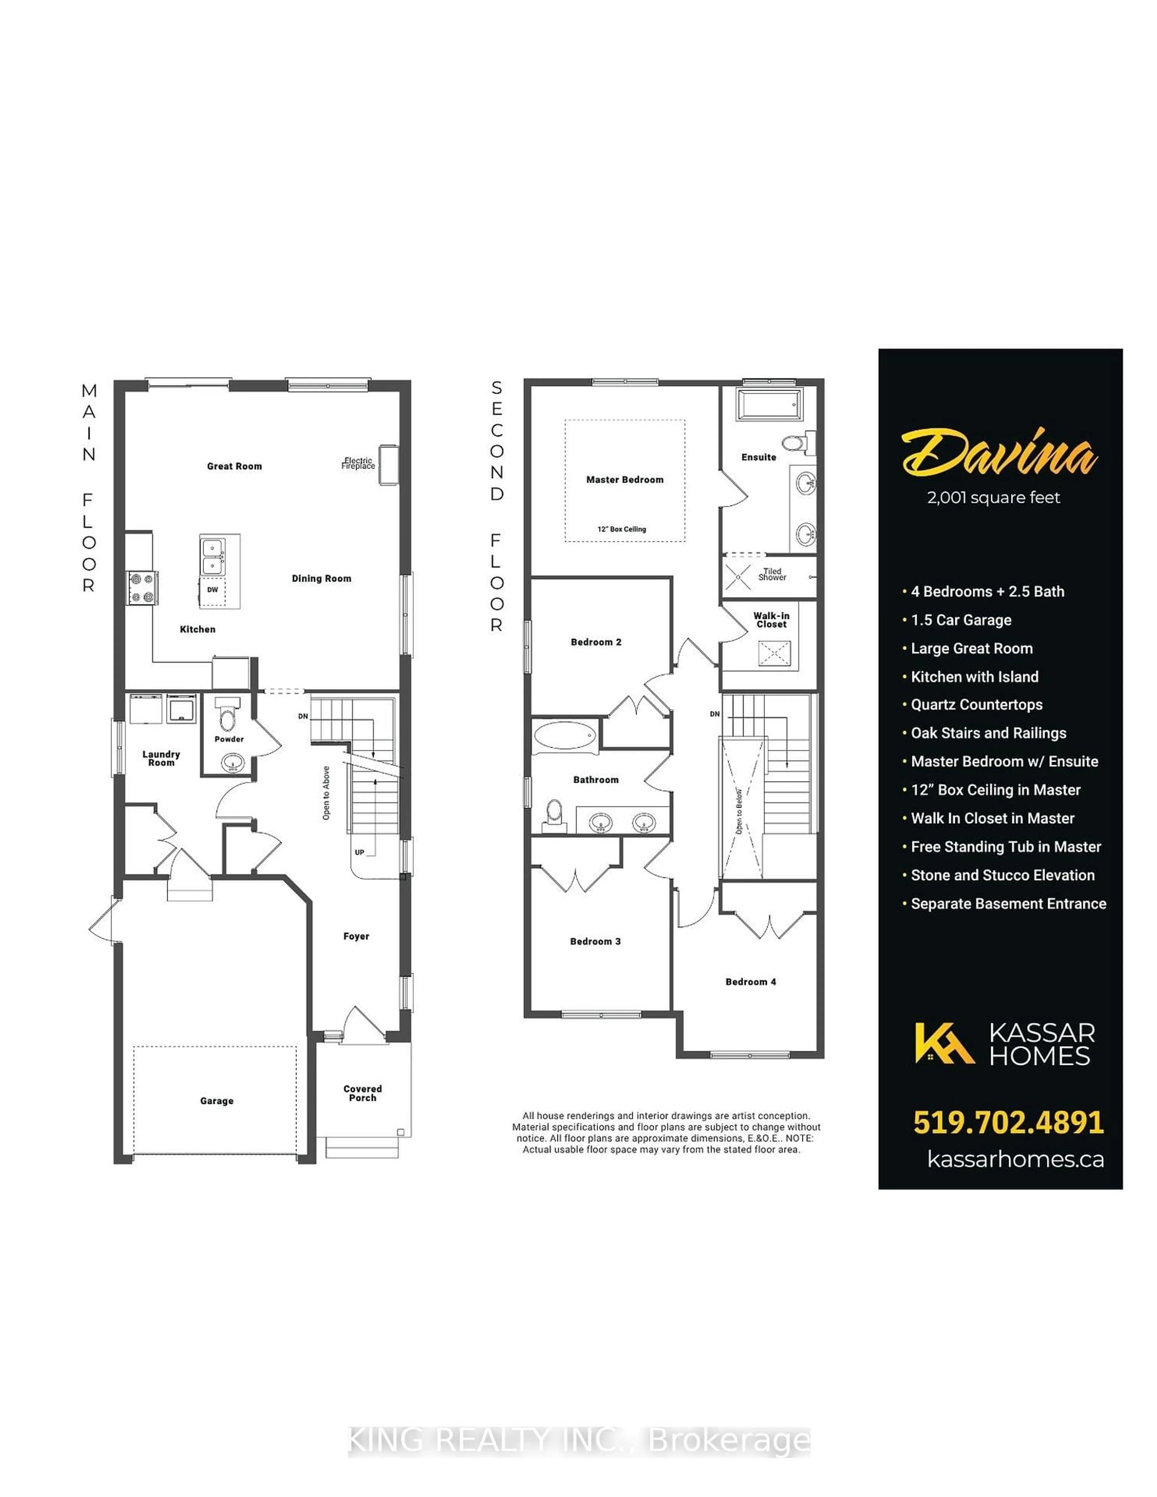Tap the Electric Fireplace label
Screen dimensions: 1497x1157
pos(359,463)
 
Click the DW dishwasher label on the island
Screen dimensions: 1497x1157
pos(213,590)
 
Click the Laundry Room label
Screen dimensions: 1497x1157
pos(161,758)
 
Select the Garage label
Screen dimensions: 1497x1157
pos(217,1101)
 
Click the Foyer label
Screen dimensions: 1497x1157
pos(356,936)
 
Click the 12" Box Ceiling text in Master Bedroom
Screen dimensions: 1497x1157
pos(621,529)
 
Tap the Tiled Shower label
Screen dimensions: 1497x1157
pos(772,574)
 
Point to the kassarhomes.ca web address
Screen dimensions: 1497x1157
pos(1015,1159)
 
